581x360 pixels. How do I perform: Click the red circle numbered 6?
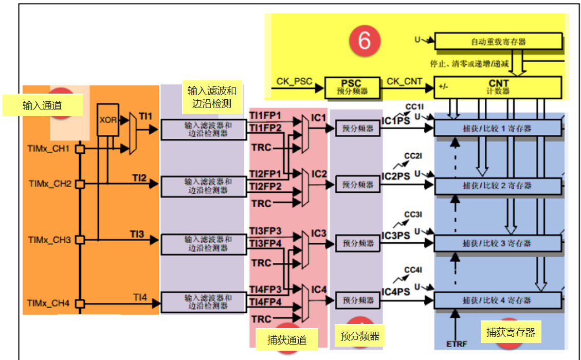(x=365, y=40)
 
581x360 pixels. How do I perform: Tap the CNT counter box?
(x=498, y=86)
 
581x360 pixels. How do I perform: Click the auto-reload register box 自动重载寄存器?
(x=498, y=42)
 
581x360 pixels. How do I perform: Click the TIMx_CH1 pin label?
(x=49, y=149)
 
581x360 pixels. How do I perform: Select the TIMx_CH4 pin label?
(x=48, y=303)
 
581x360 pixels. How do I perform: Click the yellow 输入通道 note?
(x=42, y=105)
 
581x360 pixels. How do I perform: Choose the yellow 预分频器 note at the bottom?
(x=359, y=336)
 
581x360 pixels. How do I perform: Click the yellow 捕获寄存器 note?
(x=511, y=333)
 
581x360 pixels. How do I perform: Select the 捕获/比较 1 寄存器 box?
(x=497, y=129)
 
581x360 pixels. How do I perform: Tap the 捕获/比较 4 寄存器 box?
(x=497, y=300)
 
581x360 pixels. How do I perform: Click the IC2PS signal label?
(x=395, y=176)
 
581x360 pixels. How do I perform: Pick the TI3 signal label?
(x=137, y=234)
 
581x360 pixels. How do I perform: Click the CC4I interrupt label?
(x=413, y=270)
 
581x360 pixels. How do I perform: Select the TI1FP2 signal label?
(x=265, y=128)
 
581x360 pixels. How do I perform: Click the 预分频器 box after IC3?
(x=358, y=243)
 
